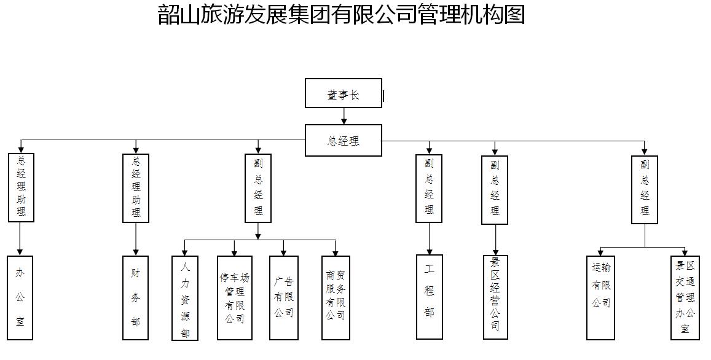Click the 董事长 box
point(344,93)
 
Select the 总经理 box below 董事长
point(344,141)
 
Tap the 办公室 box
point(20,297)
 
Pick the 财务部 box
point(136,297)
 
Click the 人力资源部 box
point(185,298)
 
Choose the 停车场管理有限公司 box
point(234,298)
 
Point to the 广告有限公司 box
point(284,298)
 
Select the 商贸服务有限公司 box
point(336,298)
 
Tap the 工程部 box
point(430,297)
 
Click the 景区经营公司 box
point(496,297)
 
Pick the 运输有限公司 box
point(600,298)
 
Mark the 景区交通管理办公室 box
point(685,298)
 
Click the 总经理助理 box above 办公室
point(21,188)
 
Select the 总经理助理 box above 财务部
point(136,188)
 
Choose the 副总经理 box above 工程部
point(429,189)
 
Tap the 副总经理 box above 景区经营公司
point(495,190)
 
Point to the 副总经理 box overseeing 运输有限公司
point(645,189)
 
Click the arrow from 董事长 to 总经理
point(344,116)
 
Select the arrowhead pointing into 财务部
point(136,252)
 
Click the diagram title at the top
point(342,15)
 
